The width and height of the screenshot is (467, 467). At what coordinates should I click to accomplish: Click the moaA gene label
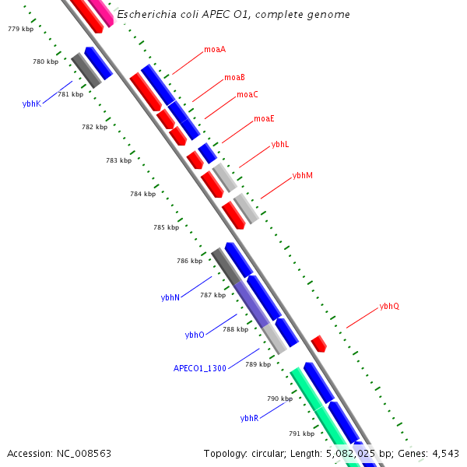click(215, 50)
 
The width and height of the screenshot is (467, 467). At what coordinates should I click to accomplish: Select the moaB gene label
click(234, 77)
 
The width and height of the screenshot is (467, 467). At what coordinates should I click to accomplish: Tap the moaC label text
click(248, 94)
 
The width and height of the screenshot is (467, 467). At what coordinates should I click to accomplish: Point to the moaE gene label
click(264, 119)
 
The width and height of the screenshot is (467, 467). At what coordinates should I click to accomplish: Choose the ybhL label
click(280, 145)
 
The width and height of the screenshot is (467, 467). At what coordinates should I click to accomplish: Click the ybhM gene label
click(302, 176)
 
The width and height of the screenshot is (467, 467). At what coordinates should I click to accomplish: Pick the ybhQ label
click(389, 307)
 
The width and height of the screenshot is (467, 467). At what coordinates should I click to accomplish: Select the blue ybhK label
click(32, 104)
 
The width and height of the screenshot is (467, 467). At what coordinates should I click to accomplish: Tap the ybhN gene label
click(170, 297)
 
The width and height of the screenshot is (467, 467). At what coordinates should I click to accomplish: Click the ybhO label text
click(195, 335)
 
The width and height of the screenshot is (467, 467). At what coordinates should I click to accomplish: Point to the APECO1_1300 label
click(199, 368)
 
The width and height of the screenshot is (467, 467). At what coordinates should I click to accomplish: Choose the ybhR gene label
click(249, 418)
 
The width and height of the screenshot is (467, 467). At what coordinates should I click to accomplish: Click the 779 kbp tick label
click(20, 29)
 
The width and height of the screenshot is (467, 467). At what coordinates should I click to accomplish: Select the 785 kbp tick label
click(166, 228)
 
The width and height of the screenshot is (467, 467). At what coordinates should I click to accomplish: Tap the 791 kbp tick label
click(301, 434)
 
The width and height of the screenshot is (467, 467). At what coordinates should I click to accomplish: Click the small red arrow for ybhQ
click(318, 343)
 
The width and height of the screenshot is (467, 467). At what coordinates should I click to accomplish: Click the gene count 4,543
click(444, 453)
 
